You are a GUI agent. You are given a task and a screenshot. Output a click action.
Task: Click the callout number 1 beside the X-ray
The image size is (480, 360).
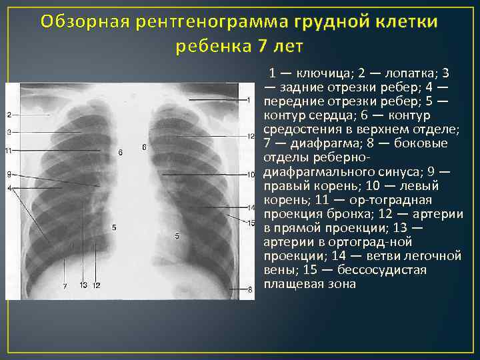click(x=248, y=100)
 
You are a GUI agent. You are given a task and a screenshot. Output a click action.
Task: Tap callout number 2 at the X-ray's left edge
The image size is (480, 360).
click(x=9, y=115)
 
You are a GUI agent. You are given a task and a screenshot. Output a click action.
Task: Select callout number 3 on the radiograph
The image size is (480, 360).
click(x=9, y=132)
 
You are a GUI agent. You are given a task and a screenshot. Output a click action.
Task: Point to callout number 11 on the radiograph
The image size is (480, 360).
click(x=8, y=151)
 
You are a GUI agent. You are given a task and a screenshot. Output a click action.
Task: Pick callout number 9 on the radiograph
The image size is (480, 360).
click(x=9, y=174)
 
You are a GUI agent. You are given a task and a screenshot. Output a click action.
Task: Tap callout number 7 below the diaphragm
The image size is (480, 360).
click(x=65, y=285)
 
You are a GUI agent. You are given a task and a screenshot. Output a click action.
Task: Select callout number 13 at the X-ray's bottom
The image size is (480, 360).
click(x=83, y=285)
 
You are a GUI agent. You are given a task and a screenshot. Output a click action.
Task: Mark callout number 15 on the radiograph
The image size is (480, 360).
click(x=251, y=223)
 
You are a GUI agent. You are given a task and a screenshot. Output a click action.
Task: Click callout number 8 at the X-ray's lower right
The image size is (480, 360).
click(x=250, y=289)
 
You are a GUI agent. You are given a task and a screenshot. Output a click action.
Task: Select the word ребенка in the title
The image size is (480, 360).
click(x=212, y=46)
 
